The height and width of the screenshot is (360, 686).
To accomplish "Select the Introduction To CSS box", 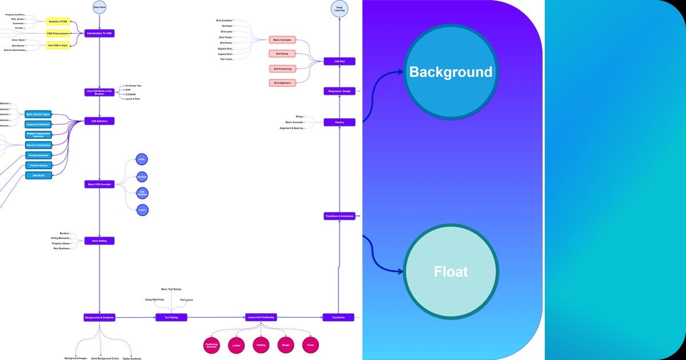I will click(99, 34).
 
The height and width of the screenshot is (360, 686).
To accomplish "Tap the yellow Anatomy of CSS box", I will click(58, 22).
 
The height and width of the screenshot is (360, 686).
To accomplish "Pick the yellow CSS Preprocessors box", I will click(58, 34).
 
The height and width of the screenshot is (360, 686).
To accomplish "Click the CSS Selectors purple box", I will click(99, 121).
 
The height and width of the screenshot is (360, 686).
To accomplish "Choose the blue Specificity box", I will click(38, 175).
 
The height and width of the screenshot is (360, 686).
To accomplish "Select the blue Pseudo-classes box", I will click(38, 165).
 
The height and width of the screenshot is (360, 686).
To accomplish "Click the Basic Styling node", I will click(99, 241).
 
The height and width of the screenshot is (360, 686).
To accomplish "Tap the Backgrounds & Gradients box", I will click(99, 317).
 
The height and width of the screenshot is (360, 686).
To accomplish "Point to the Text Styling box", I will click(171, 317).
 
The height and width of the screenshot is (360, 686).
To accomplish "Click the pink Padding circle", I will click(261, 345).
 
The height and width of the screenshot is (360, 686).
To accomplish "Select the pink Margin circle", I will click(286, 345).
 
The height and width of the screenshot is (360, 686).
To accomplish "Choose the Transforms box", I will click(338, 317).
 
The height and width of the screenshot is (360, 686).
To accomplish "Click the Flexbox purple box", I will click(340, 122).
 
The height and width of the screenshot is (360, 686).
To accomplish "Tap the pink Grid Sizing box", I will click(282, 54).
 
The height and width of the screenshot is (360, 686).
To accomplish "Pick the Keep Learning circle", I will click(339, 8).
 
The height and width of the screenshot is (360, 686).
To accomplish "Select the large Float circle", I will click(451, 271).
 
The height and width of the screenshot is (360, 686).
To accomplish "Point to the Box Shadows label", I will click(61, 249).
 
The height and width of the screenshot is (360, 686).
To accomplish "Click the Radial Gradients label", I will click(131, 358).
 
